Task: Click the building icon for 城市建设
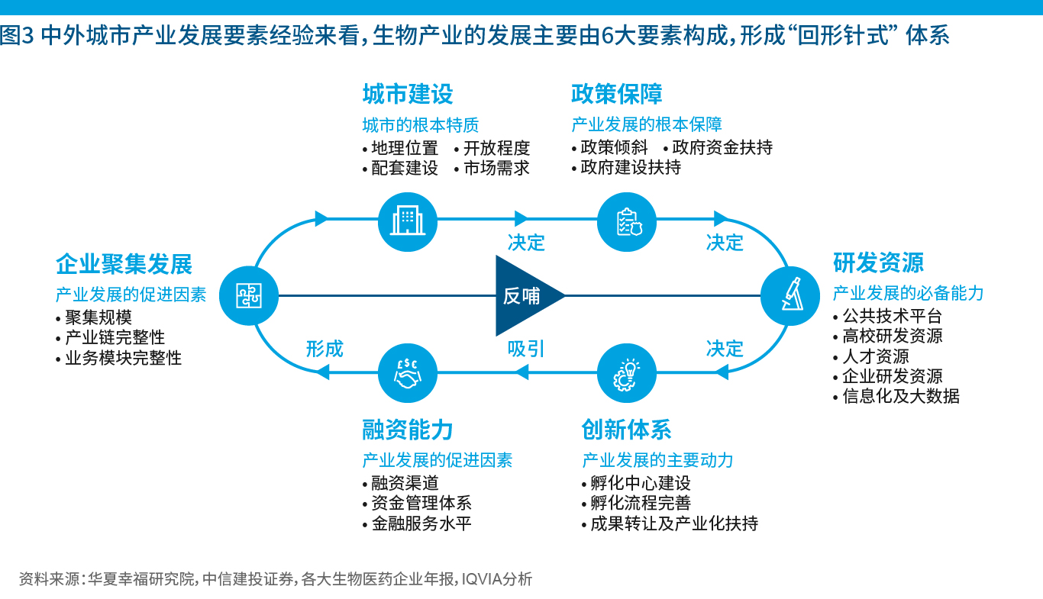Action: tap(408, 221)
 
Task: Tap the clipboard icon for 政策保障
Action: tap(626, 221)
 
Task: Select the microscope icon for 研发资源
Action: tap(790, 295)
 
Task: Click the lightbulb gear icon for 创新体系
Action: tap(626, 372)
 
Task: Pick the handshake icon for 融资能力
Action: tap(408, 372)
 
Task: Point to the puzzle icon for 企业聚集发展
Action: tap(248, 295)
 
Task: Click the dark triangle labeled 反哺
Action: tap(525, 295)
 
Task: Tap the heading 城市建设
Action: tap(408, 95)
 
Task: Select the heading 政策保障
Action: tap(617, 95)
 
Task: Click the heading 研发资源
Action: tap(878, 263)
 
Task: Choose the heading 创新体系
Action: tap(626, 430)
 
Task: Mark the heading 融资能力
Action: tap(408, 430)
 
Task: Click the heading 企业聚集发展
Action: tap(124, 265)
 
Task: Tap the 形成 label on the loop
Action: tap(325, 349)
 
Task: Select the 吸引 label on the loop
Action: tap(527, 349)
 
